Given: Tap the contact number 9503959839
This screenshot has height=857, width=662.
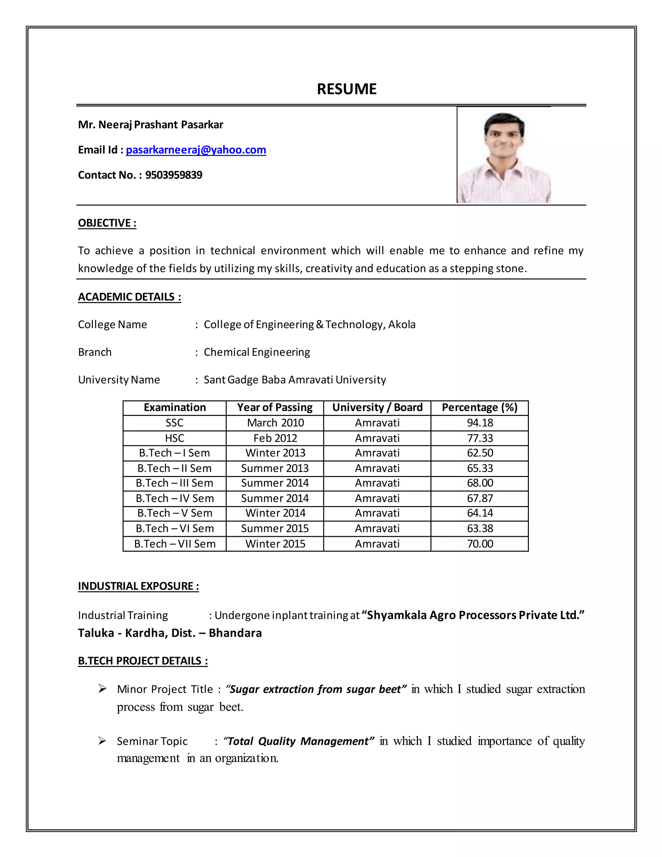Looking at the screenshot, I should click(x=174, y=175).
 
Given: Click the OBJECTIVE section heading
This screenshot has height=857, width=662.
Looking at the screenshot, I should click(x=107, y=223).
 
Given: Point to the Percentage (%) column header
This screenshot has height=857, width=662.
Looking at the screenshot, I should click(x=479, y=407).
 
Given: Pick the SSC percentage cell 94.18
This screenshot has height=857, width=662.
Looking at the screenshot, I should click(x=480, y=423).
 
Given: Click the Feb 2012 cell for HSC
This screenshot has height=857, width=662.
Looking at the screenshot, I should click(x=275, y=438).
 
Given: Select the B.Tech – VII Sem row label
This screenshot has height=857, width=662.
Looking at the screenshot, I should click(x=175, y=544).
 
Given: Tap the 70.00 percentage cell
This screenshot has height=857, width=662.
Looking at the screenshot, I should click(x=480, y=544).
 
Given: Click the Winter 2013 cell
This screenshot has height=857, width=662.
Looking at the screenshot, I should click(x=275, y=453).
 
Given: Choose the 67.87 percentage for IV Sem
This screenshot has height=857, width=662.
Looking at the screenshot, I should click(x=480, y=498).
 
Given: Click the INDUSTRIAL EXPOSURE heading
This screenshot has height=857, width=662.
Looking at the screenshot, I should click(x=138, y=586).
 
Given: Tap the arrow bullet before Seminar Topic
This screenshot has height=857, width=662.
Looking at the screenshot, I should click(x=102, y=741).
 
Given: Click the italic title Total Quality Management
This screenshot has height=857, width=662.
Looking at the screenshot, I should click(x=298, y=741).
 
